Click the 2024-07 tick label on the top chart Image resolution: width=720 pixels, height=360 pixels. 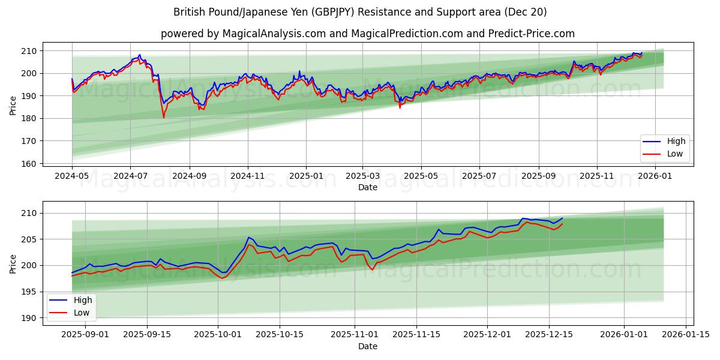[130, 176]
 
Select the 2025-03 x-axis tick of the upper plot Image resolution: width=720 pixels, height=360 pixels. [362, 176]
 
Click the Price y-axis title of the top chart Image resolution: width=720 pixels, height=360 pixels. [13, 106]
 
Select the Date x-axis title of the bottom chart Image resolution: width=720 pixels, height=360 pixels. [368, 346]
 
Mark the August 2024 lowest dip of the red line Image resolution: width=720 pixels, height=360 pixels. [163, 117]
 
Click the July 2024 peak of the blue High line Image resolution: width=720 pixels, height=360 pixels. [140, 55]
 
